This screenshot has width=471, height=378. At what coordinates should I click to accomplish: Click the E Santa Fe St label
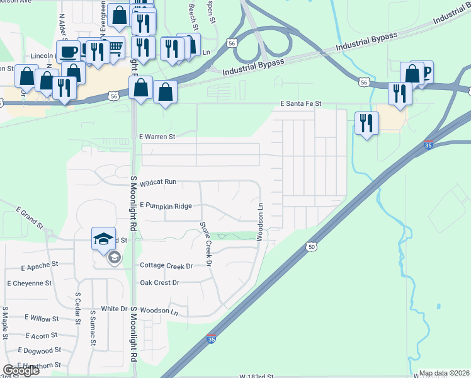click(301, 103)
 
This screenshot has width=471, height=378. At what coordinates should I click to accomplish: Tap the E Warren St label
click(157, 135)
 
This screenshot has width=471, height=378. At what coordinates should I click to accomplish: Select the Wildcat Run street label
click(158, 182)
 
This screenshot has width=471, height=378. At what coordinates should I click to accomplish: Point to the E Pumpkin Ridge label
click(166, 205)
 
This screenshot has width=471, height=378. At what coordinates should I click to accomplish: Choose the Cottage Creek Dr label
click(166, 266)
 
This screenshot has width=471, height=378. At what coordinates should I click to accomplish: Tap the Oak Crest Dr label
click(159, 283)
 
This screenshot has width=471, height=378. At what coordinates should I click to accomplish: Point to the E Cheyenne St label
click(31, 283)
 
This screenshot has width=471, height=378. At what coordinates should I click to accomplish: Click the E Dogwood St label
click(40, 350)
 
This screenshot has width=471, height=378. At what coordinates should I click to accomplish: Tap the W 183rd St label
click(256, 375)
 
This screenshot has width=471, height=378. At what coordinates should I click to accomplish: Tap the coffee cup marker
click(69, 51)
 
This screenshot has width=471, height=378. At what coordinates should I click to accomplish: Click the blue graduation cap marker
click(104, 238)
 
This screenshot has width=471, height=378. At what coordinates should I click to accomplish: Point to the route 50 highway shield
click(312, 247)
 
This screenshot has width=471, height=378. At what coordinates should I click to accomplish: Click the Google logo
click(21, 370)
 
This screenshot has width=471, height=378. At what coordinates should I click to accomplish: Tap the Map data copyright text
click(443, 373)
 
